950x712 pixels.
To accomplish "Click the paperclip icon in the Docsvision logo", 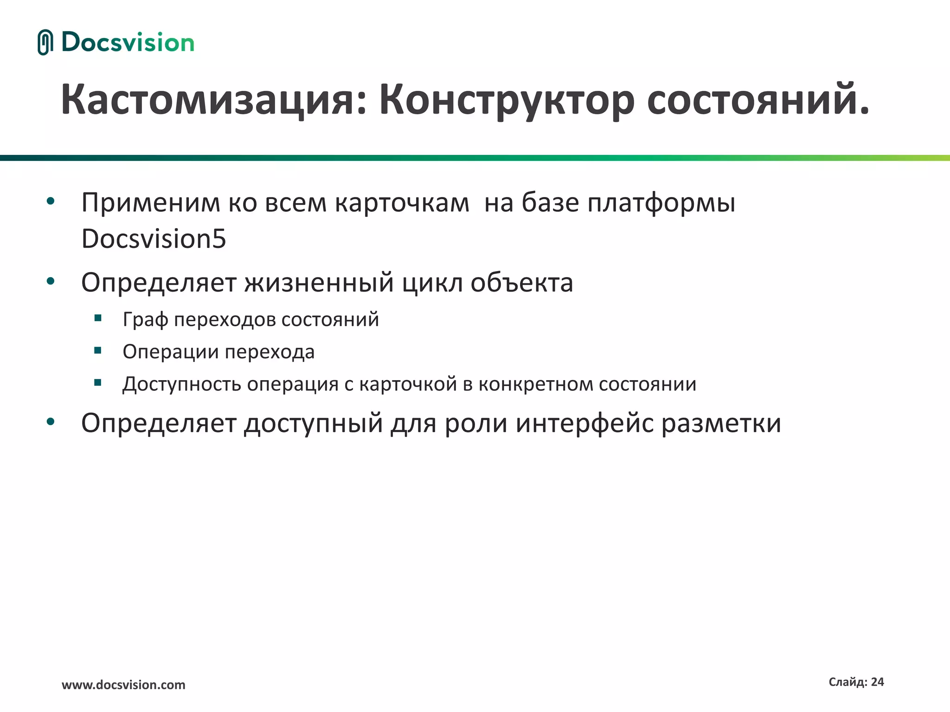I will coord(45,42).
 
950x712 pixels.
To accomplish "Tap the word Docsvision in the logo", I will coord(128,43).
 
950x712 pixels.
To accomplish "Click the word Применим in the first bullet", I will coord(150,203).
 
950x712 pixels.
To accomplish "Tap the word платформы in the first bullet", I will coord(661,203).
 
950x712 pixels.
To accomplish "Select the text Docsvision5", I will coord(154,239).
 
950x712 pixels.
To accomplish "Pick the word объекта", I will coord(522,282).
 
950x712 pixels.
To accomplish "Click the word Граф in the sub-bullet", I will coord(145,320).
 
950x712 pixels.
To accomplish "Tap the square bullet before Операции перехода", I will coord(97,350).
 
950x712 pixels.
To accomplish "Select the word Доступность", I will coord(181,384).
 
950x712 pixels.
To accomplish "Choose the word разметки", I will coord(721,423).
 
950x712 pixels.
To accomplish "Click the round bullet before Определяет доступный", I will coord(51,421).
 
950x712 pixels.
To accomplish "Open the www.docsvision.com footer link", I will coord(123,685).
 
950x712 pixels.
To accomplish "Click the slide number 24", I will coord(877,682).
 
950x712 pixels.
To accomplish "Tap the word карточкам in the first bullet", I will coord(402,203).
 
